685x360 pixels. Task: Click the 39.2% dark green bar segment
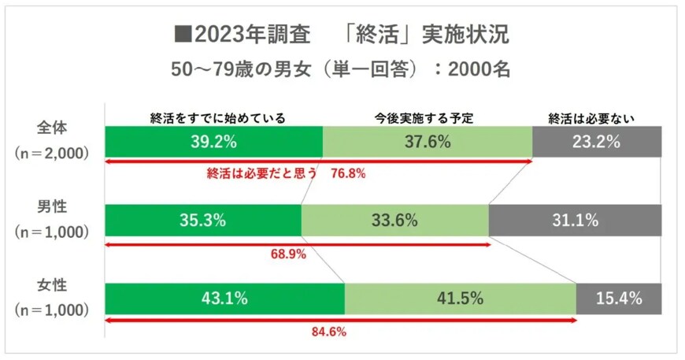click(213, 142)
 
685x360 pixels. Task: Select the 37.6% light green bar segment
click(428, 142)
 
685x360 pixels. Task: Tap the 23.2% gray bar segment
click(597, 142)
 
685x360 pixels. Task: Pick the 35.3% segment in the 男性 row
click(202, 221)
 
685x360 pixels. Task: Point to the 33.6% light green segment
click(394, 221)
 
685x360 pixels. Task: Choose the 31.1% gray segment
click(575, 221)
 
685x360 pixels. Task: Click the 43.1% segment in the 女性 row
click(224, 299)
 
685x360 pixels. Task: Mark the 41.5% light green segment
click(460, 299)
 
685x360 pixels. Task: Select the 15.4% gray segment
click(619, 299)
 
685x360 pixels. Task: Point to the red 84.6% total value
click(330, 332)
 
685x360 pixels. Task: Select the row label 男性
click(53, 207)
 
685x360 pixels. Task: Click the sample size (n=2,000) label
click(52, 154)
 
